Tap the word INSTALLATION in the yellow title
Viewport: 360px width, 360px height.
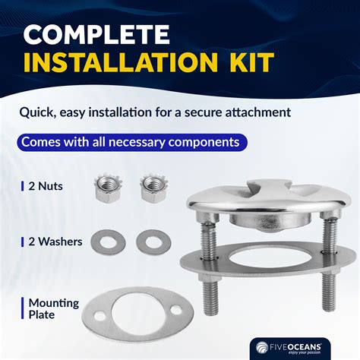click(x=121, y=62)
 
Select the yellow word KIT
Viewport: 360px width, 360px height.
click(x=251, y=62)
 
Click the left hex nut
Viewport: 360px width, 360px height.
click(x=108, y=188)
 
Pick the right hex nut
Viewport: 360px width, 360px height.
click(x=154, y=188)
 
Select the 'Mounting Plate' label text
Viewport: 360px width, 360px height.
click(x=54, y=309)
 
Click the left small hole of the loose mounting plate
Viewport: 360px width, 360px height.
click(x=99, y=316)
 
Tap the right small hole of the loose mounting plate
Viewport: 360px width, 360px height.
click(x=176, y=310)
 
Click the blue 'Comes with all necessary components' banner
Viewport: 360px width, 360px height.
click(x=132, y=142)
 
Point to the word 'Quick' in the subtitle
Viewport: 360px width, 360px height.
click(x=37, y=112)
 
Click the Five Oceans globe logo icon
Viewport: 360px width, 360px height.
click(x=262, y=347)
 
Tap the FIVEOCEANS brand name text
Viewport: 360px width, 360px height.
click(x=295, y=346)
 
